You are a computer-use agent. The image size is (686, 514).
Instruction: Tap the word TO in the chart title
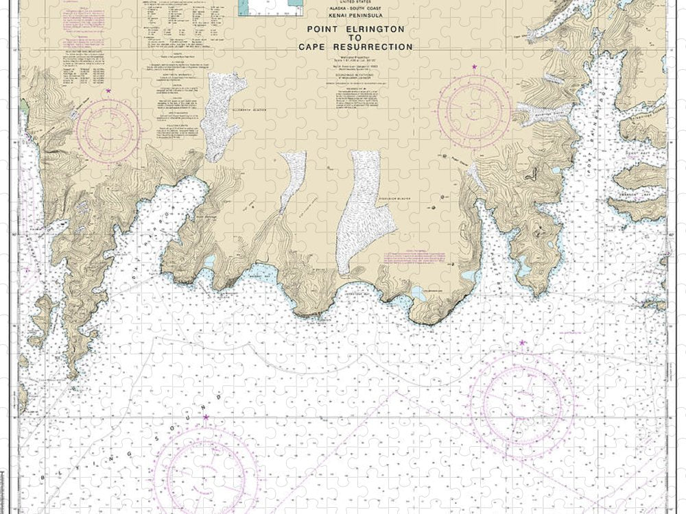355,38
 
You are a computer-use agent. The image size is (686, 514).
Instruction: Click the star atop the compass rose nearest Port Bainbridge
474,67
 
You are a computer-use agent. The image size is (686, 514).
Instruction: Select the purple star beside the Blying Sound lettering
206,417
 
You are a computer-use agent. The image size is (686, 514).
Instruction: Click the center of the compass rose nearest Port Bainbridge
475,109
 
